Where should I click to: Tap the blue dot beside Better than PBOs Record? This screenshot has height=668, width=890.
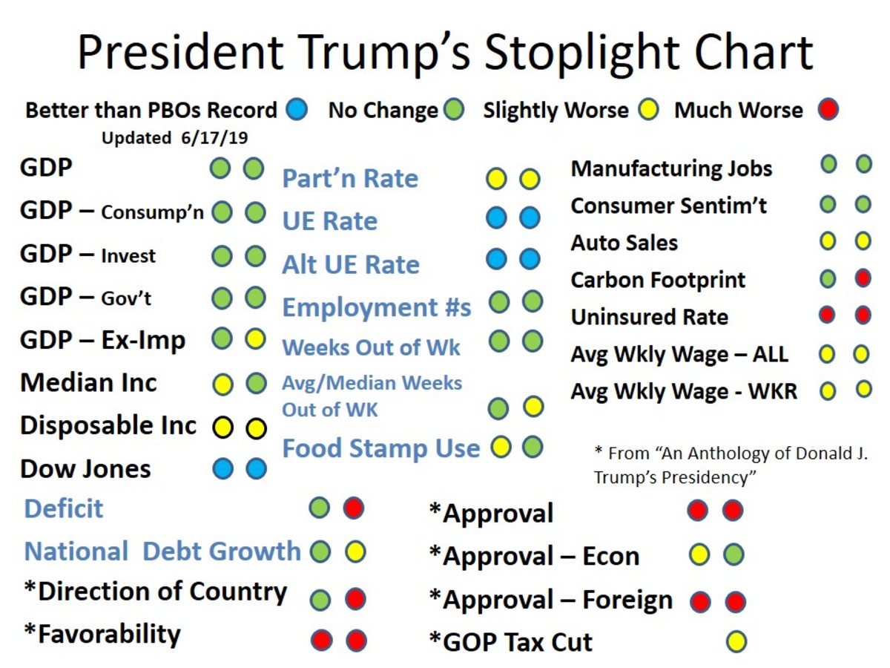pyautogui.click(x=296, y=111)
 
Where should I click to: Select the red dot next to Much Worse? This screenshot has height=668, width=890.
pyautogui.click(x=828, y=111)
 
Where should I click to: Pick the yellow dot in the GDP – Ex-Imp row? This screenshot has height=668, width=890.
pyautogui.click(x=254, y=340)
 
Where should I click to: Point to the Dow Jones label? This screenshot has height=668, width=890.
pyautogui.click(x=85, y=469)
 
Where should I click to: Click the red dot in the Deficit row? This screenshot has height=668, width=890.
pyautogui.click(x=354, y=508)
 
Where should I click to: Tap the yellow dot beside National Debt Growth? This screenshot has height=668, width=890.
pyautogui.click(x=355, y=551)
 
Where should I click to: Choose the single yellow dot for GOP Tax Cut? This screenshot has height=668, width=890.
pyautogui.click(x=736, y=641)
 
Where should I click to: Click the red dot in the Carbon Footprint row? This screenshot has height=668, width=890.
pyautogui.click(x=863, y=278)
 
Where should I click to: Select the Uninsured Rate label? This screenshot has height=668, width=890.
pyautogui.click(x=649, y=317)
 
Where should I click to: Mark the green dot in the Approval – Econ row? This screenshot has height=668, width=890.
pyautogui.click(x=733, y=554)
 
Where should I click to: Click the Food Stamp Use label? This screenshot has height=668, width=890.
pyautogui.click(x=380, y=448)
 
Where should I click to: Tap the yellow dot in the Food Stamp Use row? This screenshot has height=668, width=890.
pyautogui.click(x=501, y=447)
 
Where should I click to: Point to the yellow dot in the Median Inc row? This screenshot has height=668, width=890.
pyautogui.click(x=222, y=384)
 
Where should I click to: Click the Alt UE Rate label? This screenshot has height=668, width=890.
pyautogui.click(x=350, y=265)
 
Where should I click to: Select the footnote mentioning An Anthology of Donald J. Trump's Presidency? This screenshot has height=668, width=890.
pyautogui.click(x=730, y=465)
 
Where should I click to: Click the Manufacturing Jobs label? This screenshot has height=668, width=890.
pyautogui.click(x=671, y=168)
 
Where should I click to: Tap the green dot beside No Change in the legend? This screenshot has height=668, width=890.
pyautogui.click(x=454, y=111)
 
